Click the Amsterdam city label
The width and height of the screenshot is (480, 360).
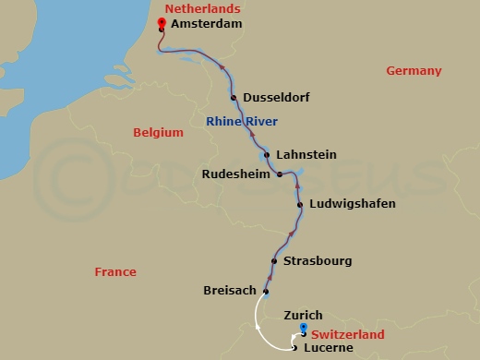[207, 25]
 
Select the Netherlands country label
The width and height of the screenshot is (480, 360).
[196, 8]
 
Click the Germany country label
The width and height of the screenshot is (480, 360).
[414, 71]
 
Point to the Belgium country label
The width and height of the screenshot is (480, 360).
[158, 133]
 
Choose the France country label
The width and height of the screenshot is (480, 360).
[115, 272]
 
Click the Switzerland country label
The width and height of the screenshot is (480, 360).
[348, 335]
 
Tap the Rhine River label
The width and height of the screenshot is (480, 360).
[242, 122]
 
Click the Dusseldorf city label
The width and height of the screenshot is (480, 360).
[276, 98]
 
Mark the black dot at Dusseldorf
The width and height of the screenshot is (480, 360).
[234, 98]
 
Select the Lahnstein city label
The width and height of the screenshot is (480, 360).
[306, 155]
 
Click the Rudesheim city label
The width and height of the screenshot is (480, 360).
[236, 174]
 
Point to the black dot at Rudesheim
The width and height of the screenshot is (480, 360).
[280, 174]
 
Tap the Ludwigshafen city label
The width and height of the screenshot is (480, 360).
[353, 204]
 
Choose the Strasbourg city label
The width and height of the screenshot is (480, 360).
[318, 261]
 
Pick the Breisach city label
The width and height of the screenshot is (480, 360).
[229, 291]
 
